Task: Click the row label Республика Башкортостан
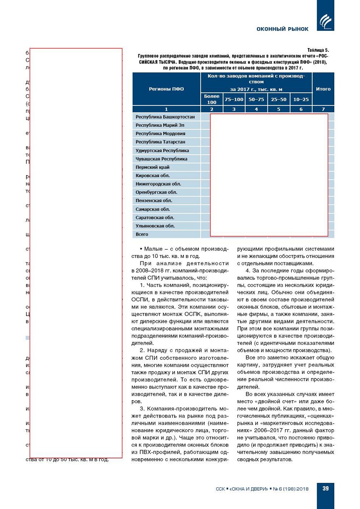[x=165, y=117]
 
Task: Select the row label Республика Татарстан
[x=160, y=142]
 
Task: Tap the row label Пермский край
[x=152, y=167]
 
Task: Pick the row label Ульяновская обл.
[x=155, y=226]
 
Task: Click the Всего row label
[x=142, y=234]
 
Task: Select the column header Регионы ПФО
[x=166, y=89]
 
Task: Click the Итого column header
[x=323, y=89]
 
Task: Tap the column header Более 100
[x=212, y=99]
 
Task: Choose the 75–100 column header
[x=234, y=99]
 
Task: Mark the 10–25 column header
[x=301, y=99]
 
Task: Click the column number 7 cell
[x=323, y=109]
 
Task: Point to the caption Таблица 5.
[x=318, y=50]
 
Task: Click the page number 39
[x=325, y=488]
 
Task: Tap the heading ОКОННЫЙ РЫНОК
[x=282, y=29]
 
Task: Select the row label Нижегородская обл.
[x=158, y=184]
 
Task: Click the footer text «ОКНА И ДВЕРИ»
[x=249, y=489]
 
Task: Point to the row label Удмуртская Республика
[x=162, y=150]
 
